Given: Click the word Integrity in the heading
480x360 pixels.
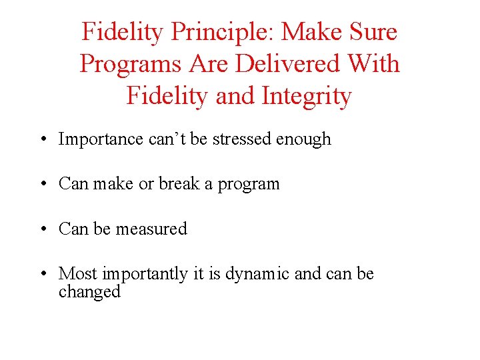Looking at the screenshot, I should click(307, 96).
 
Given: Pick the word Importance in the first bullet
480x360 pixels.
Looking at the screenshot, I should click(101, 139).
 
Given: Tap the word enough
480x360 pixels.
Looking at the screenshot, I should click(303, 139).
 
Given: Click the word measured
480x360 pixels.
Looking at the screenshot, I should click(151, 229).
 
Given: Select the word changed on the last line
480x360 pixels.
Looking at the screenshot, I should click(89, 292).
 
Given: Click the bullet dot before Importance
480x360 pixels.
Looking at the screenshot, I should click(42, 140).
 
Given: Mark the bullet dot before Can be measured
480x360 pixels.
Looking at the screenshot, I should click(42, 229).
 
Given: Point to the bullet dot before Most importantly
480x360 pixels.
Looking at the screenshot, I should click(42, 274).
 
